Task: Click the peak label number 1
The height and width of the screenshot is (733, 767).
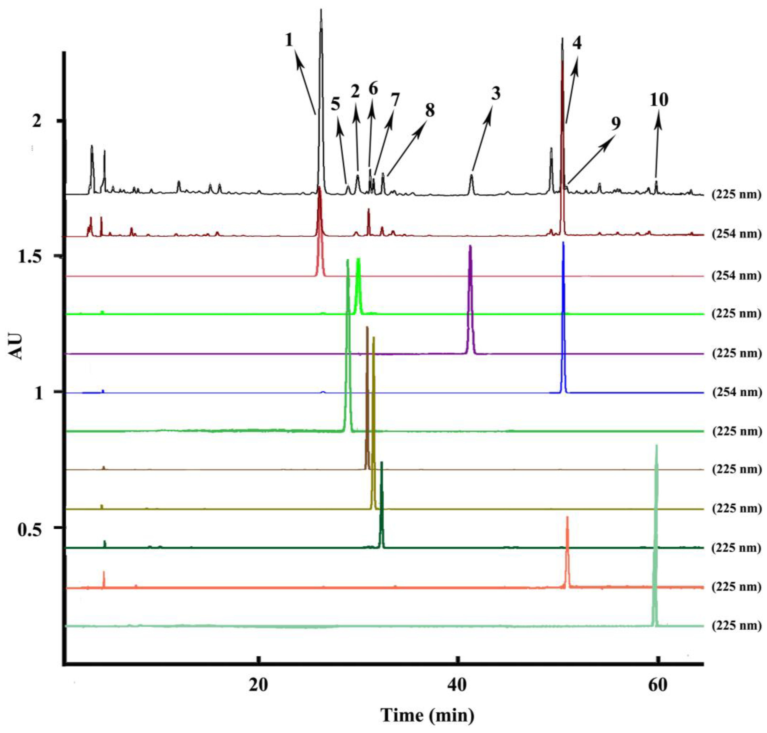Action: point(289,40)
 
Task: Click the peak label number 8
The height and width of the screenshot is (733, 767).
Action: point(430,111)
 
